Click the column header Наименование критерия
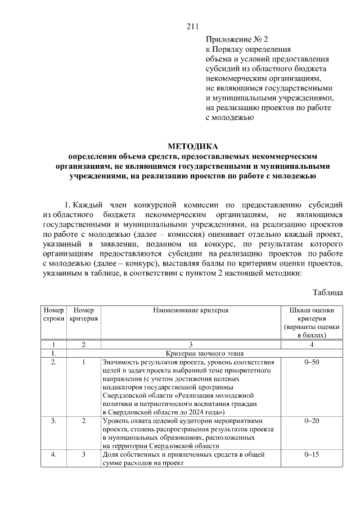tap(191, 310)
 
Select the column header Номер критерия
tap(84, 314)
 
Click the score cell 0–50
tap(312, 362)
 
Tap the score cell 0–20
tap(312, 421)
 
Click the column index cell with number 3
tap(191, 344)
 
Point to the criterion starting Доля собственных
tap(184, 458)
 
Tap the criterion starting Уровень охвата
tap(188, 433)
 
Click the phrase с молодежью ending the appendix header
tap(230, 118)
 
